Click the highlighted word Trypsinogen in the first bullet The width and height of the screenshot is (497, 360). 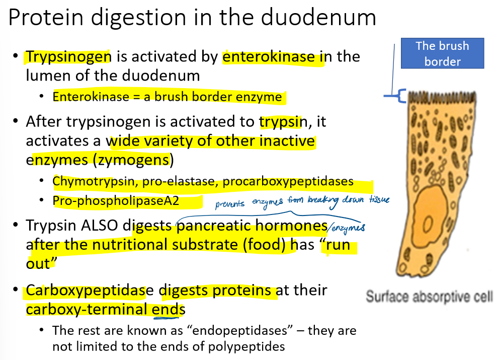click(68, 57)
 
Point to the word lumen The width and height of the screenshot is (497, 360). click(46, 76)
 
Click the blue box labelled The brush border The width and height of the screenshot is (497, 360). click(442, 53)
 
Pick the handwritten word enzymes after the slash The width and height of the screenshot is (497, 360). click(348, 229)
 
